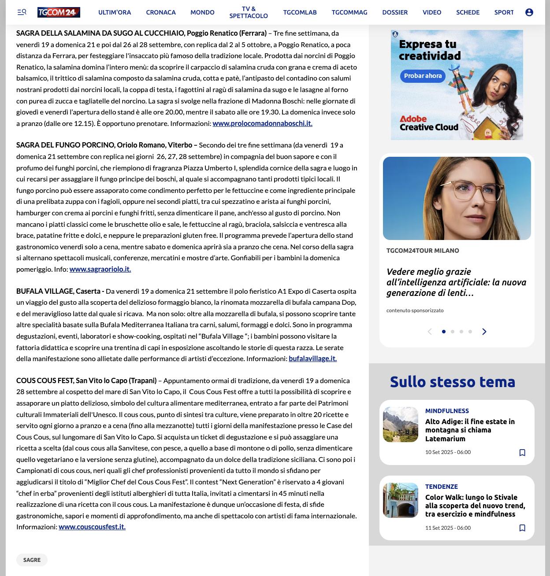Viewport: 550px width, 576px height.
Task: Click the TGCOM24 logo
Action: click(59, 12)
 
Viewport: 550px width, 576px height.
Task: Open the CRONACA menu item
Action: click(161, 12)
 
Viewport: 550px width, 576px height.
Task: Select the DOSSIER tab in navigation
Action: click(395, 12)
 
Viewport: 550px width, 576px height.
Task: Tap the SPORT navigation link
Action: click(504, 12)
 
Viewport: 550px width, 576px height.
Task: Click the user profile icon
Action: click(529, 12)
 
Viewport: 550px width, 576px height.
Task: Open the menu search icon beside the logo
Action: click(22, 12)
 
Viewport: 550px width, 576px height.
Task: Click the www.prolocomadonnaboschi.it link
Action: click(262, 123)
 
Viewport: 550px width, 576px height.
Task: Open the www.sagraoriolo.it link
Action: click(100, 269)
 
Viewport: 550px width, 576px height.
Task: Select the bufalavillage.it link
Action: click(312, 358)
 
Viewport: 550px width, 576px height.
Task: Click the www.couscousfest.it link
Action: click(92, 527)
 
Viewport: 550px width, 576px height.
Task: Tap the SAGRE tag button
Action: click(32, 560)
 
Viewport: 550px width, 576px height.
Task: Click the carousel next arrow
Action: click(484, 332)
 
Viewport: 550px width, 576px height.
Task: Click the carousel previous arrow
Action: click(430, 332)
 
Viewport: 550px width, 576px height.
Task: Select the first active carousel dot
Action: click(444, 332)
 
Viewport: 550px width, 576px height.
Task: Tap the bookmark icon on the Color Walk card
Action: click(522, 528)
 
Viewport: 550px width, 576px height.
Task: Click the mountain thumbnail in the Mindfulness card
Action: click(401, 425)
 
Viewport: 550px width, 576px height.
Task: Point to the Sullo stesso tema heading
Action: click(453, 382)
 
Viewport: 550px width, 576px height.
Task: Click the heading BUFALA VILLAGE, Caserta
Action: click(60, 291)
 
